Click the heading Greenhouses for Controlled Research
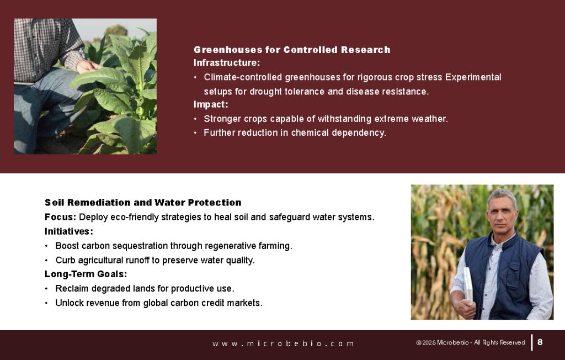point(292,50)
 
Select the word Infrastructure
point(226,63)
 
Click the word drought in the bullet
point(265,92)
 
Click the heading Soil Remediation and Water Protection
point(143,203)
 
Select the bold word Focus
point(60,217)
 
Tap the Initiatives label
point(68,231)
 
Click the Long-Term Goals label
point(86,274)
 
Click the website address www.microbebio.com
point(283,343)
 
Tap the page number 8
point(540,342)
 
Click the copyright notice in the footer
point(471,342)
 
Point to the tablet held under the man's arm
point(468,285)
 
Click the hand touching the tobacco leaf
point(88,66)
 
